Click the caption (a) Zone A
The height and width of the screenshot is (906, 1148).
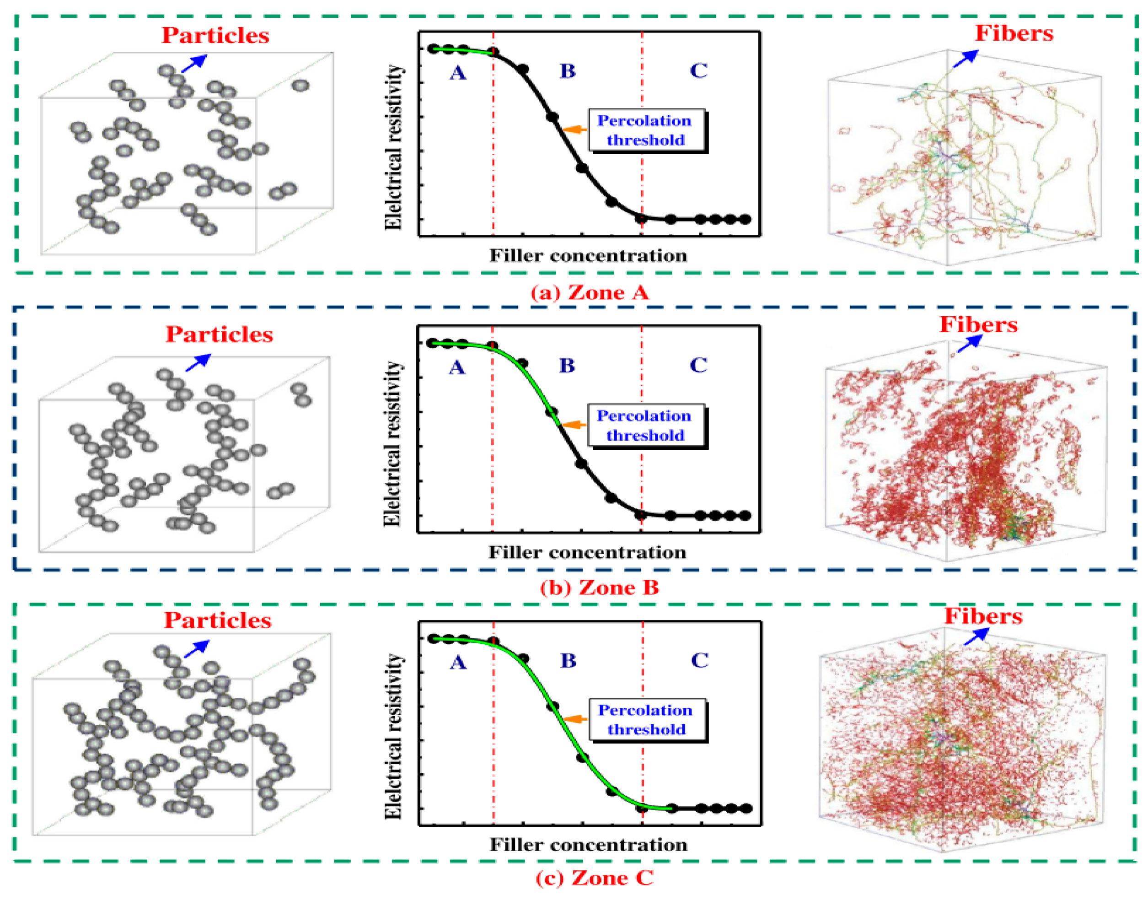click(x=590, y=292)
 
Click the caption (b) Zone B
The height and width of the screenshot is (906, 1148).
click(x=599, y=587)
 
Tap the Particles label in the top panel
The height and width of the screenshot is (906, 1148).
click(x=215, y=36)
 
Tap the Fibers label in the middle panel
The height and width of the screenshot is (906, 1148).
click(x=978, y=324)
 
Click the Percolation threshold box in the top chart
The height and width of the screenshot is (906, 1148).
click(x=646, y=130)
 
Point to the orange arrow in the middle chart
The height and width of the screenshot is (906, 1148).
click(x=574, y=424)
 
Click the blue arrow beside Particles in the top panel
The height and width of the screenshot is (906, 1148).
click(x=193, y=63)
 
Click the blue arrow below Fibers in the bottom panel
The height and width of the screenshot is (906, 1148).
click(x=976, y=636)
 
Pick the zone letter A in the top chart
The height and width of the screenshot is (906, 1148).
click(x=458, y=73)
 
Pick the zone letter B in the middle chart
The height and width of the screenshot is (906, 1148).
click(x=567, y=366)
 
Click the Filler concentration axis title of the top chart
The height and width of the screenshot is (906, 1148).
click(x=588, y=256)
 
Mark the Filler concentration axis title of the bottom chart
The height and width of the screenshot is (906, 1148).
click(x=588, y=845)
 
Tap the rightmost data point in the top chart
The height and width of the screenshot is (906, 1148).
click(x=745, y=219)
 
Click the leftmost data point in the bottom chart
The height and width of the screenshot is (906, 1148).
click(x=434, y=639)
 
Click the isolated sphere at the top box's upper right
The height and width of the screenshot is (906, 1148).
click(x=300, y=85)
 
